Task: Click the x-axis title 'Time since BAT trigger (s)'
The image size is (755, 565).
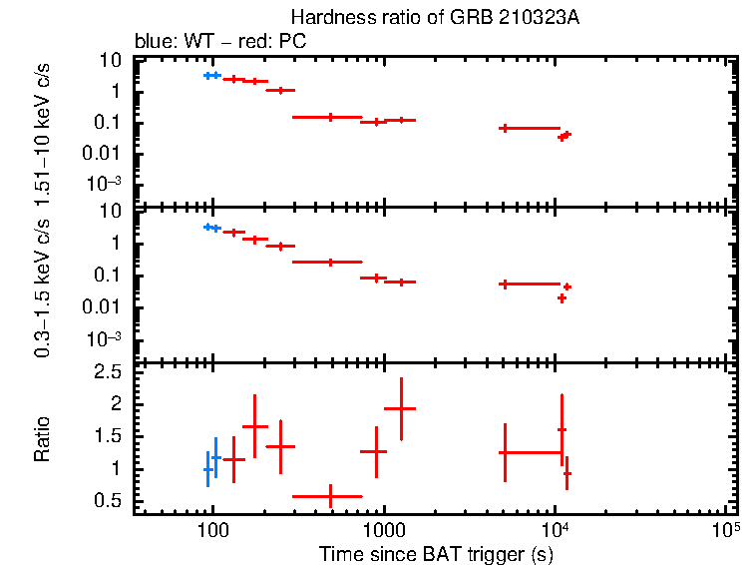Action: point(436,553)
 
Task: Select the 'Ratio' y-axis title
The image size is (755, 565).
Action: point(43,439)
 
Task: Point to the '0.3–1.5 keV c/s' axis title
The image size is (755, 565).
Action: point(43,284)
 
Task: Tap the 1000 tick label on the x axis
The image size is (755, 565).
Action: point(383,529)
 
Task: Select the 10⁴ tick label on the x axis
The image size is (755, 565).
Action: point(555,527)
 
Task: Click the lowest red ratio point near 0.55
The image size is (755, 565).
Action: point(330,495)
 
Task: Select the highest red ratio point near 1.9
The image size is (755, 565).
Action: point(401,408)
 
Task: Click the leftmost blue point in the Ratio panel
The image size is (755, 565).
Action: point(207,469)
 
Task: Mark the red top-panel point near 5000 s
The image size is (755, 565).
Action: point(505,128)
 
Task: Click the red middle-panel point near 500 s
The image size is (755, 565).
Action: point(330,262)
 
